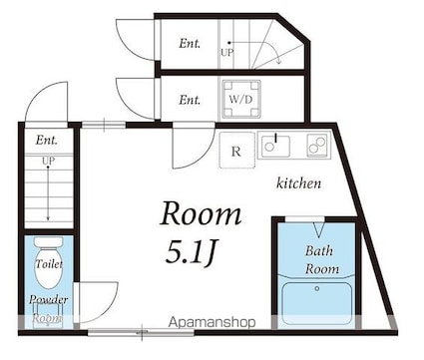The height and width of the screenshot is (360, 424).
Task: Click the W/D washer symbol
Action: pos(241,100)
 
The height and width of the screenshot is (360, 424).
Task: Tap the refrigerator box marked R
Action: pos(236,151)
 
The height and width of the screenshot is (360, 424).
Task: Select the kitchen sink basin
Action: pos(275,146)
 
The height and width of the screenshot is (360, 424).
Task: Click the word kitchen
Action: pos(299,183)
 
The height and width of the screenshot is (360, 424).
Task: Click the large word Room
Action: pos(201,213)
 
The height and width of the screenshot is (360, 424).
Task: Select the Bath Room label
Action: pos(321,259)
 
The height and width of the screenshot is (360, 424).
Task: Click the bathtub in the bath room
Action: pos(317,303)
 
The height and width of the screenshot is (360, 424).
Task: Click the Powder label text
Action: pos(49,299)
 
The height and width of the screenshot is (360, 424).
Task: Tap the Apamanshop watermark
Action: pos(212,322)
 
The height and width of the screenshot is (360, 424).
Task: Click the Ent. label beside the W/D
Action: pos(190,100)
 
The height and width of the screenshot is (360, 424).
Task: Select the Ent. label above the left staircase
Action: pos(47,140)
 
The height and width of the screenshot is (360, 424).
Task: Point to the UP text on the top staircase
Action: pos(227,53)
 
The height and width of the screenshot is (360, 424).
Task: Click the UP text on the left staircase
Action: pos(49,161)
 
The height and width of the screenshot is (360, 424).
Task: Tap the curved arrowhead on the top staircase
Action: pos(278,61)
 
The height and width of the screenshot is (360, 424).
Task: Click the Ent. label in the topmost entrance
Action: pos(190,43)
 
